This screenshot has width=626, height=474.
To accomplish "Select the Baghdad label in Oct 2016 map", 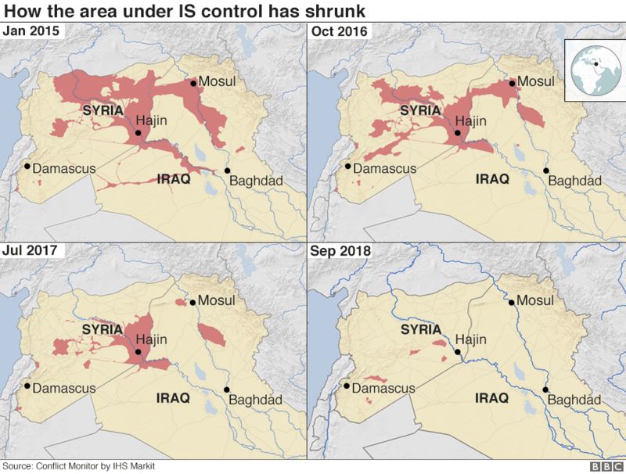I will coord(574,181).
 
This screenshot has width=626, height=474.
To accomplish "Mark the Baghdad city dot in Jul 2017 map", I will coord(227,390).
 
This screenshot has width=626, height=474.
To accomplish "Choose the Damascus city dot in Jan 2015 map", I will coord(27,166).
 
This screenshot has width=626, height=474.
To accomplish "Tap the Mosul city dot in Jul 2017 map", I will coord(192,301).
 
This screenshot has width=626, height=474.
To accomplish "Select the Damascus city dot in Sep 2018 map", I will coord(344,385).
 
